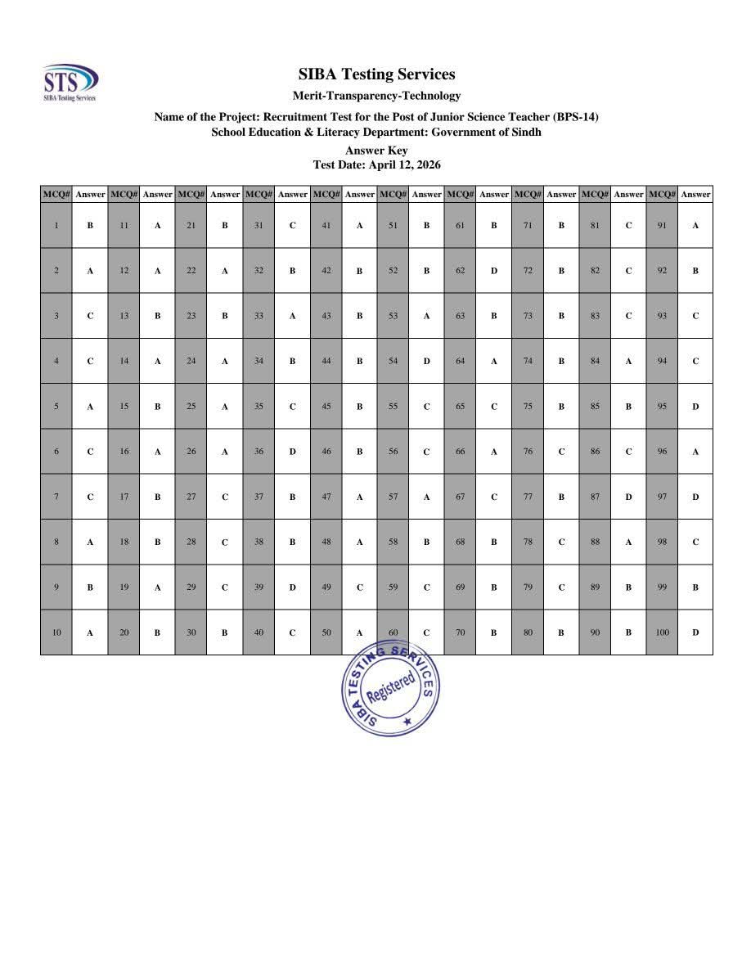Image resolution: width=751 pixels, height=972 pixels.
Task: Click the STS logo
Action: click(70, 82)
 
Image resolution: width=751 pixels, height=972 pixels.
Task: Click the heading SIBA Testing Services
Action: click(376, 74)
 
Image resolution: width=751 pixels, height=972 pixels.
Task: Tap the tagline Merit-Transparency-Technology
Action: click(376, 96)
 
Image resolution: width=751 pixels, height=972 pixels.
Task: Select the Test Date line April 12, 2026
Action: click(376, 164)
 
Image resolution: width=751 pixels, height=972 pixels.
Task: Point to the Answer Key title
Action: click(376, 151)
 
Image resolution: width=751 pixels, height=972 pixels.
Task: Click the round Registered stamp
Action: click(388, 688)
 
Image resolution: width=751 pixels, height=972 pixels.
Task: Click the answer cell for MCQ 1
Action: click(90, 225)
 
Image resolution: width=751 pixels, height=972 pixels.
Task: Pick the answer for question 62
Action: click(494, 271)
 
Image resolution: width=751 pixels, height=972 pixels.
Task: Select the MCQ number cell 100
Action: click(662, 632)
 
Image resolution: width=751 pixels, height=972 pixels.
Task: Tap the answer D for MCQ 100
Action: click(695, 632)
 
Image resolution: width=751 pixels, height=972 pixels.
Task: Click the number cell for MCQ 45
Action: click(326, 406)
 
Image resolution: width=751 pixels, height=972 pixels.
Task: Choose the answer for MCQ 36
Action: click(292, 451)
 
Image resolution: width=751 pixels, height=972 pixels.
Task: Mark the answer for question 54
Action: click(426, 361)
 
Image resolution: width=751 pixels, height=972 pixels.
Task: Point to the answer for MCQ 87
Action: click(628, 497)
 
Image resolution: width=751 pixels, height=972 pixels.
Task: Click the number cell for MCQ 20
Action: click(124, 632)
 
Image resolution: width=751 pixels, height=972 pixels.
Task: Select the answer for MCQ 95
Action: click(695, 406)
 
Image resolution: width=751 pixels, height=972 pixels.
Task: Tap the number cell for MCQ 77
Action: click(528, 497)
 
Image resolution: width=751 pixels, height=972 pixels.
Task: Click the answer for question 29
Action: click(225, 587)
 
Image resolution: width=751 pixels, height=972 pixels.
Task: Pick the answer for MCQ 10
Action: click(90, 632)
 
